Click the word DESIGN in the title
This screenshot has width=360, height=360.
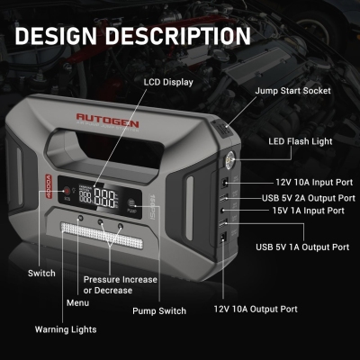point(56,36)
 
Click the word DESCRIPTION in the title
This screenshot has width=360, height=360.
point(177,36)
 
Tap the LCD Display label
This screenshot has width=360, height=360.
point(168,82)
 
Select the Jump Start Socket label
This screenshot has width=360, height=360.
point(292,91)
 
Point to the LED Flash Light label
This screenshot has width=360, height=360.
point(301,141)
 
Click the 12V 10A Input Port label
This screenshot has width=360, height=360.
point(314,182)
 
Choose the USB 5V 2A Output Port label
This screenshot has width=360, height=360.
point(309,198)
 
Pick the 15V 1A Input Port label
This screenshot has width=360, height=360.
point(308,211)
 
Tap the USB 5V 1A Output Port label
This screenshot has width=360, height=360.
point(302,247)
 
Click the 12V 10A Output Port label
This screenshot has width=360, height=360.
point(256,309)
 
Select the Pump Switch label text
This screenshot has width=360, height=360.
point(159,311)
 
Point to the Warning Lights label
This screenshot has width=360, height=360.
point(66,329)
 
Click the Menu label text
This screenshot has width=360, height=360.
point(77,302)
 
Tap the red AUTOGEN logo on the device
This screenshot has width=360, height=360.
point(107,120)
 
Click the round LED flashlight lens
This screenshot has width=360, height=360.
point(230,158)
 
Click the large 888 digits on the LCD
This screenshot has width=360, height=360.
point(104,198)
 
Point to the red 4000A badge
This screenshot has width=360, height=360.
point(49,186)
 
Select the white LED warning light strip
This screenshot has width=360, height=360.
point(102,235)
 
